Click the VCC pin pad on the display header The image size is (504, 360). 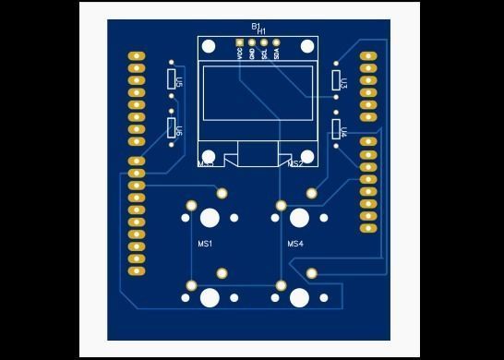(x=240, y=42)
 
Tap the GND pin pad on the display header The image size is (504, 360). (x=252, y=42)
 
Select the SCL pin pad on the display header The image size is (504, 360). (x=264, y=42)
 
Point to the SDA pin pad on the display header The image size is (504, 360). (x=276, y=42)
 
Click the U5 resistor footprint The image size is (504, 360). (x=172, y=80)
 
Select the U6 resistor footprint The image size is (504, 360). (x=172, y=128)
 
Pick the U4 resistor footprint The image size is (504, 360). (x=336, y=130)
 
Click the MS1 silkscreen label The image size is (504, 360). (x=206, y=245)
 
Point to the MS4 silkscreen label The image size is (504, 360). (x=295, y=245)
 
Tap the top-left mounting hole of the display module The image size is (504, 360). (x=210, y=47)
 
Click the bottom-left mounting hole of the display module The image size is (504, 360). (x=210, y=158)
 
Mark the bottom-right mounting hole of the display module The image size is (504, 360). (x=306, y=158)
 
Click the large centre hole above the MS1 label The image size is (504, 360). (x=210, y=218)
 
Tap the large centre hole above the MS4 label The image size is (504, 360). (x=299, y=218)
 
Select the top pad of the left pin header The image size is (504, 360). (x=137, y=56)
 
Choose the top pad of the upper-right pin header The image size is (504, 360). (x=368, y=56)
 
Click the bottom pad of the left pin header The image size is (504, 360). (x=137, y=271)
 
